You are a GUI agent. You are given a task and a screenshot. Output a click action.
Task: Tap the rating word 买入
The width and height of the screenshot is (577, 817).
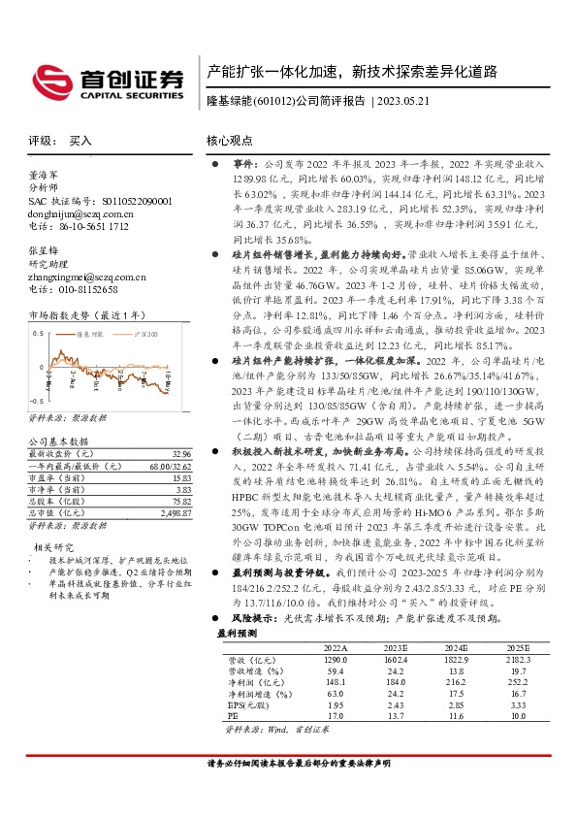coord(80,141)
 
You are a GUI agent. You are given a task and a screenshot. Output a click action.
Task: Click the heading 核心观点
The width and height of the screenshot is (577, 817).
coord(230,141)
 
